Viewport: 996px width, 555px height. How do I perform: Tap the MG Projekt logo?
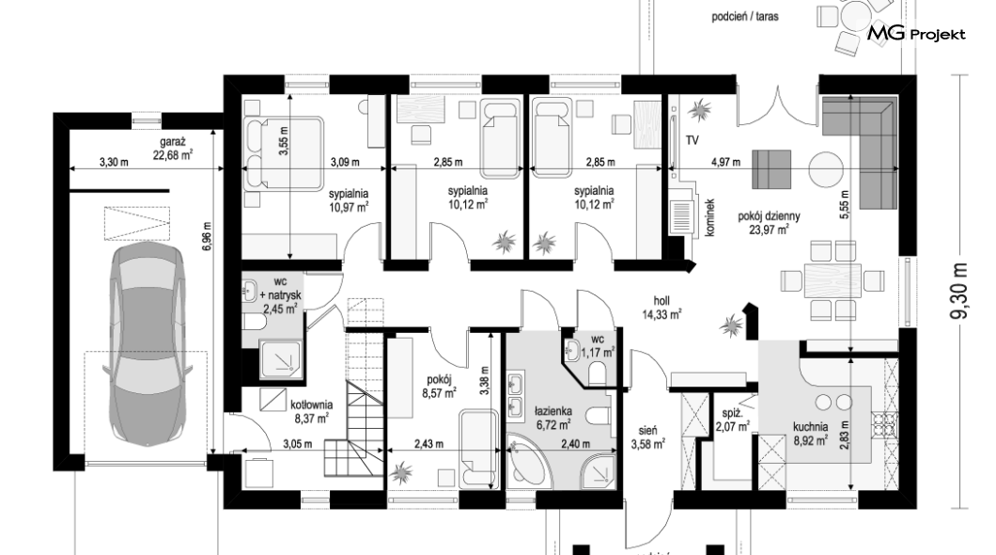(x=916, y=34)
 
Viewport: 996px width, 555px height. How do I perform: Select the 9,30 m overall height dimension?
(x=962, y=293)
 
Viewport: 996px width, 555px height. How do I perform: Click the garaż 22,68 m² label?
(x=173, y=148)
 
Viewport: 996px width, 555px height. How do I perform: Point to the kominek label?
(x=710, y=218)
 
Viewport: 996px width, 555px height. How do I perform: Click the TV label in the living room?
(x=692, y=140)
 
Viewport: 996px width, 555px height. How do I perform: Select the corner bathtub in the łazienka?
(x=527, y=461)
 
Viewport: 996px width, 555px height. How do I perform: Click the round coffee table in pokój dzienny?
(x=826, y=168)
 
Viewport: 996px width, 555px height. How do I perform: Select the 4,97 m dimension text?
(x=725, y=162)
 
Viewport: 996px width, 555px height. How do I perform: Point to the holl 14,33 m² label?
(x=661, y=307)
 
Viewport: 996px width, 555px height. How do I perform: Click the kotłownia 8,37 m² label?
(x=311, y=411)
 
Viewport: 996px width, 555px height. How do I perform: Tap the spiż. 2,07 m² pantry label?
(x=732, y=420)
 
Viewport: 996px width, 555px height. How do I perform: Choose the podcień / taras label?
(x=744, y=17)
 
